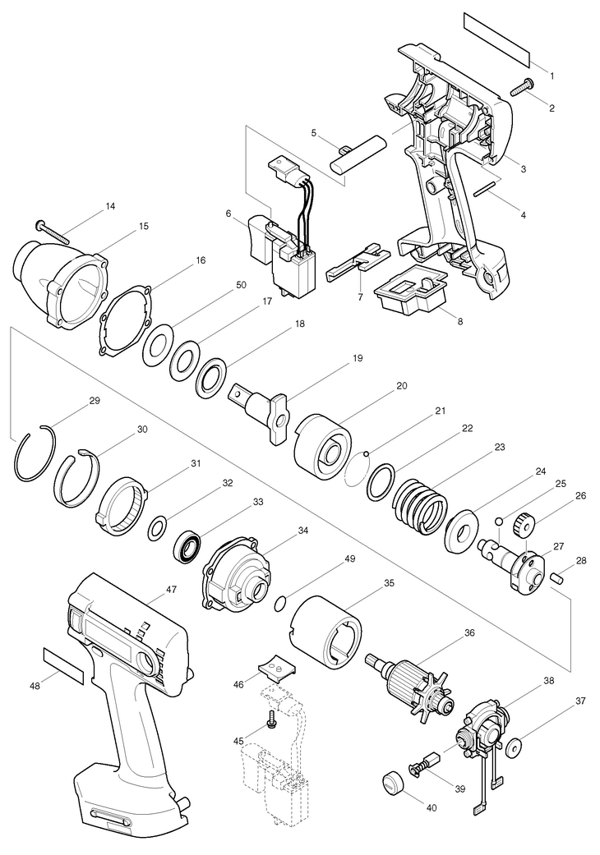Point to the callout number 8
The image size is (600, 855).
460,321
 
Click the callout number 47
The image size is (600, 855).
172,589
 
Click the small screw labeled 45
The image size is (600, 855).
272,721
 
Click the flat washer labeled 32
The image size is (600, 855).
156,529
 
